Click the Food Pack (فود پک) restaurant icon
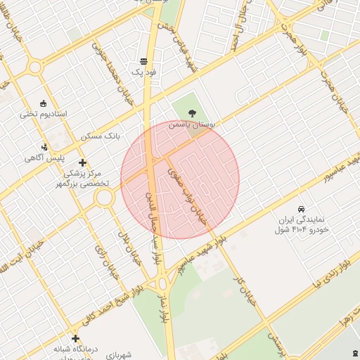tap(143, 61)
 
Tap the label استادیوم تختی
tap(43, 114)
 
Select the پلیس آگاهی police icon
tap(44, 148)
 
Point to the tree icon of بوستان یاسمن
tap(193, 112)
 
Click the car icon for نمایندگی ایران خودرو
tap(302, 209)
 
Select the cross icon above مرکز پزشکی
tap(82, 162)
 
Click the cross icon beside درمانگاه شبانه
tap(75, 339)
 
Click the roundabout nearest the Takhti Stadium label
tap(34, 67)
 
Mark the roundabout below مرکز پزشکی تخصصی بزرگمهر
tap(105, 198)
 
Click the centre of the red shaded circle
tap(180, 179)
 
